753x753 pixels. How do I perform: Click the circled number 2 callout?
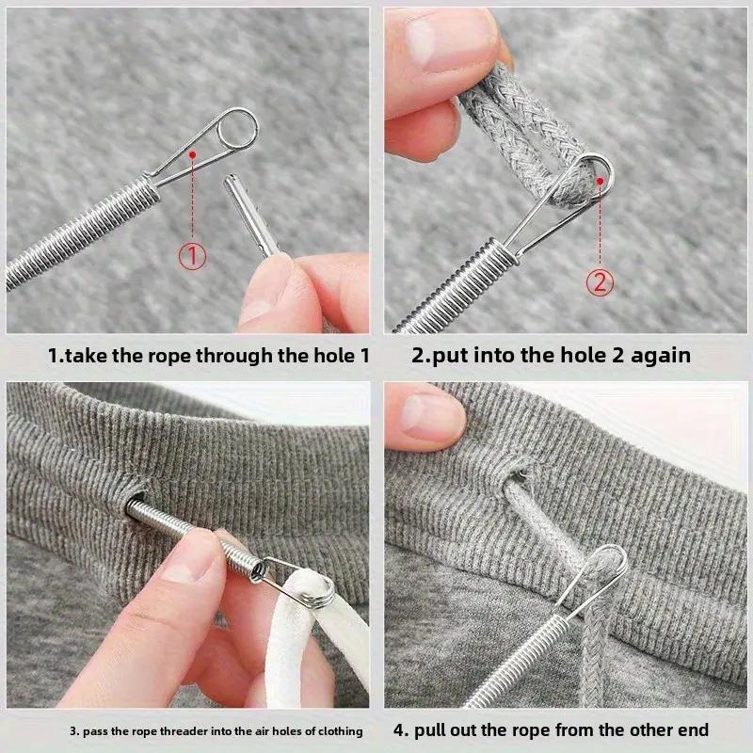click(601, 280)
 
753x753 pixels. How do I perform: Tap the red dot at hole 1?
click(192, 152)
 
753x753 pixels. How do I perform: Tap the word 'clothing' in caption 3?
click(334, 731)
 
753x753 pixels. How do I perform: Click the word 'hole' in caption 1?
click(328, 356)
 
